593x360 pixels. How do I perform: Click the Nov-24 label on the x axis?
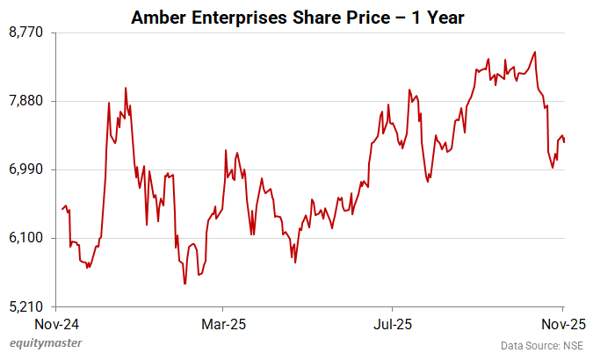click(56, 323)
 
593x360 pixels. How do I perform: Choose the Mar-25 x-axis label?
click(223, 323)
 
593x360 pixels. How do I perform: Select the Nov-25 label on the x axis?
click(557, 323)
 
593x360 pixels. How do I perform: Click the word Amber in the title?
click(155, 16)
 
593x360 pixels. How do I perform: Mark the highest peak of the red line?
click(535, 52)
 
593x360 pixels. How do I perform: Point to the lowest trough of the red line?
click(184, 284)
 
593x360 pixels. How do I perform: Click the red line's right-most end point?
click(564, 141)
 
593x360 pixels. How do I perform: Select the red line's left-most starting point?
click(61, 209)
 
